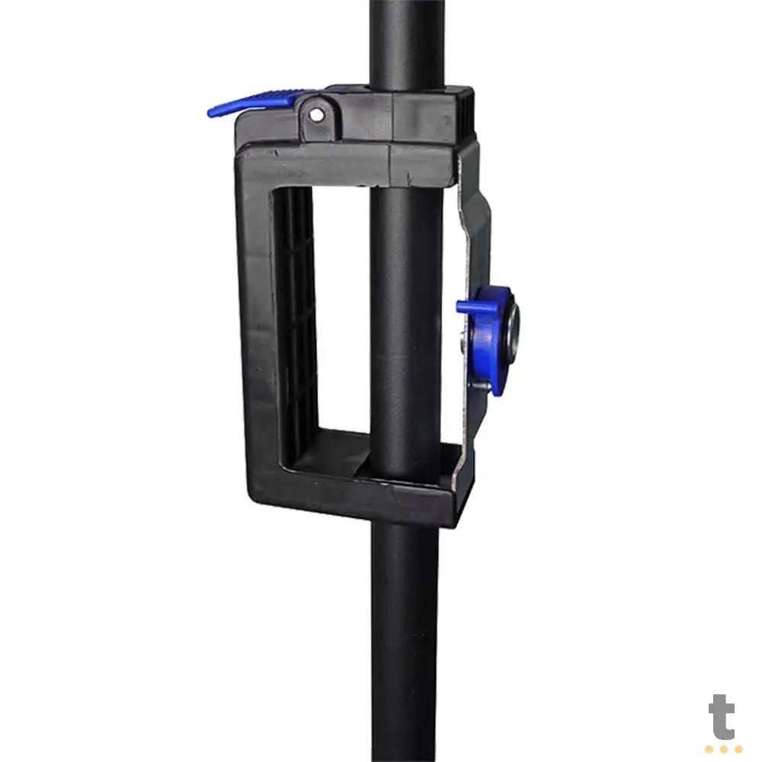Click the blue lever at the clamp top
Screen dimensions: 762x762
tap(253, 103)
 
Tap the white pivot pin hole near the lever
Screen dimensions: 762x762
tap(316, 115)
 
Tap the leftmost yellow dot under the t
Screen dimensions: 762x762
tap(709, 749)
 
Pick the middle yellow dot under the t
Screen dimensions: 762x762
tap(724, 749)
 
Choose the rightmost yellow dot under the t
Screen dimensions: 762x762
tap(738, 749)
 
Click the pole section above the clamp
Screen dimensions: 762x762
tap(407, 43)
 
